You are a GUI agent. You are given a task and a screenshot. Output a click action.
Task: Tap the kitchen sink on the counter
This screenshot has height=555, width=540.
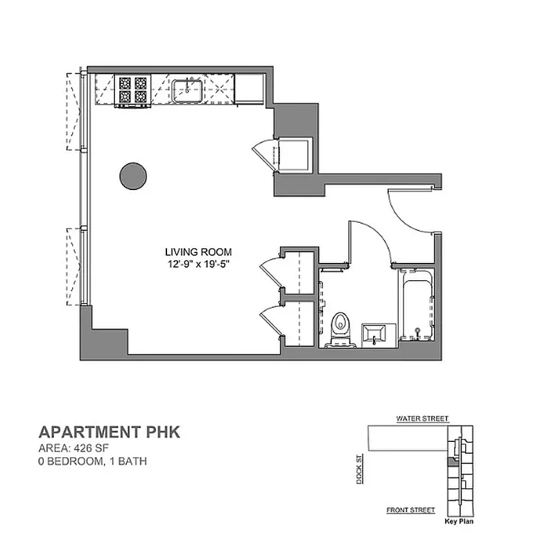tap(187, 90)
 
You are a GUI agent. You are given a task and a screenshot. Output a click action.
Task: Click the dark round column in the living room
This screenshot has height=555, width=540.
tap(132, 176)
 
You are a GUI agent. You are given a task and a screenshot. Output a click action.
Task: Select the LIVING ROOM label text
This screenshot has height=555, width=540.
tap(198, 252)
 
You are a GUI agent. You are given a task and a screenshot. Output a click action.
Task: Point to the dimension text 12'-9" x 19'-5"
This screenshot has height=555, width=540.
tap(198, 264)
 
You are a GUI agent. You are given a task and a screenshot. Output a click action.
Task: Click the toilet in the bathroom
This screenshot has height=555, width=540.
tap(340, 327)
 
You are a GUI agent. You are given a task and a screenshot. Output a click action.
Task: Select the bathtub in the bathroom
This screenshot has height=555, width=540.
tap(417, 306)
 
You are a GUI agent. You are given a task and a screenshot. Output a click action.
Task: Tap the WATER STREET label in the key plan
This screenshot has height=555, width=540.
tap(422, 419)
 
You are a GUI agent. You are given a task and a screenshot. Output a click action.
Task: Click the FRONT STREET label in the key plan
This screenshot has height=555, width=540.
tap(410, 510)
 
